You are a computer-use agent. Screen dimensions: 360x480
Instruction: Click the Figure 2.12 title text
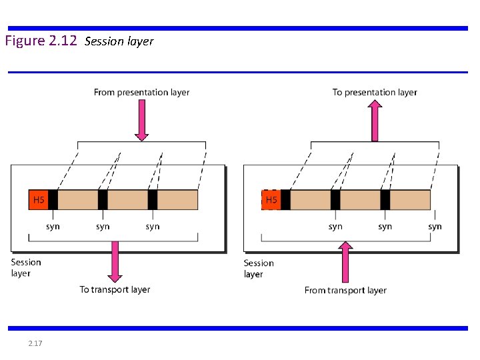click(41, 41)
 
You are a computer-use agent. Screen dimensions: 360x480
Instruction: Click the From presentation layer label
click(141, 93)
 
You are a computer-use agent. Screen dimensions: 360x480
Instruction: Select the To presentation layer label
click(375, 93)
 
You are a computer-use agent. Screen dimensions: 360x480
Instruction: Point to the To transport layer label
click(115, 289)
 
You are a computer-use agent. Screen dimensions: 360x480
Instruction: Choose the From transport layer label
click(345, 290)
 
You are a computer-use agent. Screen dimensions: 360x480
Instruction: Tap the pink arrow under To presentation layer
click(375, 120)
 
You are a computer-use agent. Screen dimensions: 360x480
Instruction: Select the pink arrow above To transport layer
click(115, 260)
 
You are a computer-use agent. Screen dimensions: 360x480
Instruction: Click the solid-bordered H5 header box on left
click(39, 200)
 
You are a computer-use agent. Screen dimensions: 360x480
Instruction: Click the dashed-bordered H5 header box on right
click(271, 200)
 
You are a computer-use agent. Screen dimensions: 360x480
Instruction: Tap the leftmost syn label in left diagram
click(53, 227)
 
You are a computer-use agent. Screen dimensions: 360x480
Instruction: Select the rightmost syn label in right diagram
click(435, 227)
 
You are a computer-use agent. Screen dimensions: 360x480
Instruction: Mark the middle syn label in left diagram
click(103, 227)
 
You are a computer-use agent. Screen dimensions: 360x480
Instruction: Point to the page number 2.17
click(35, 343)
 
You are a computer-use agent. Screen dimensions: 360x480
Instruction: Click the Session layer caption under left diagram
click(26, 268)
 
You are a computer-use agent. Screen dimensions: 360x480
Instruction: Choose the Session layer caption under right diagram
click(259, 269)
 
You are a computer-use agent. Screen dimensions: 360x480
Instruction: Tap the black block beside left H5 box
click(53, 200)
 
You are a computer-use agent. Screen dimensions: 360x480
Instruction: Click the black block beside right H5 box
click(285, 200)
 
